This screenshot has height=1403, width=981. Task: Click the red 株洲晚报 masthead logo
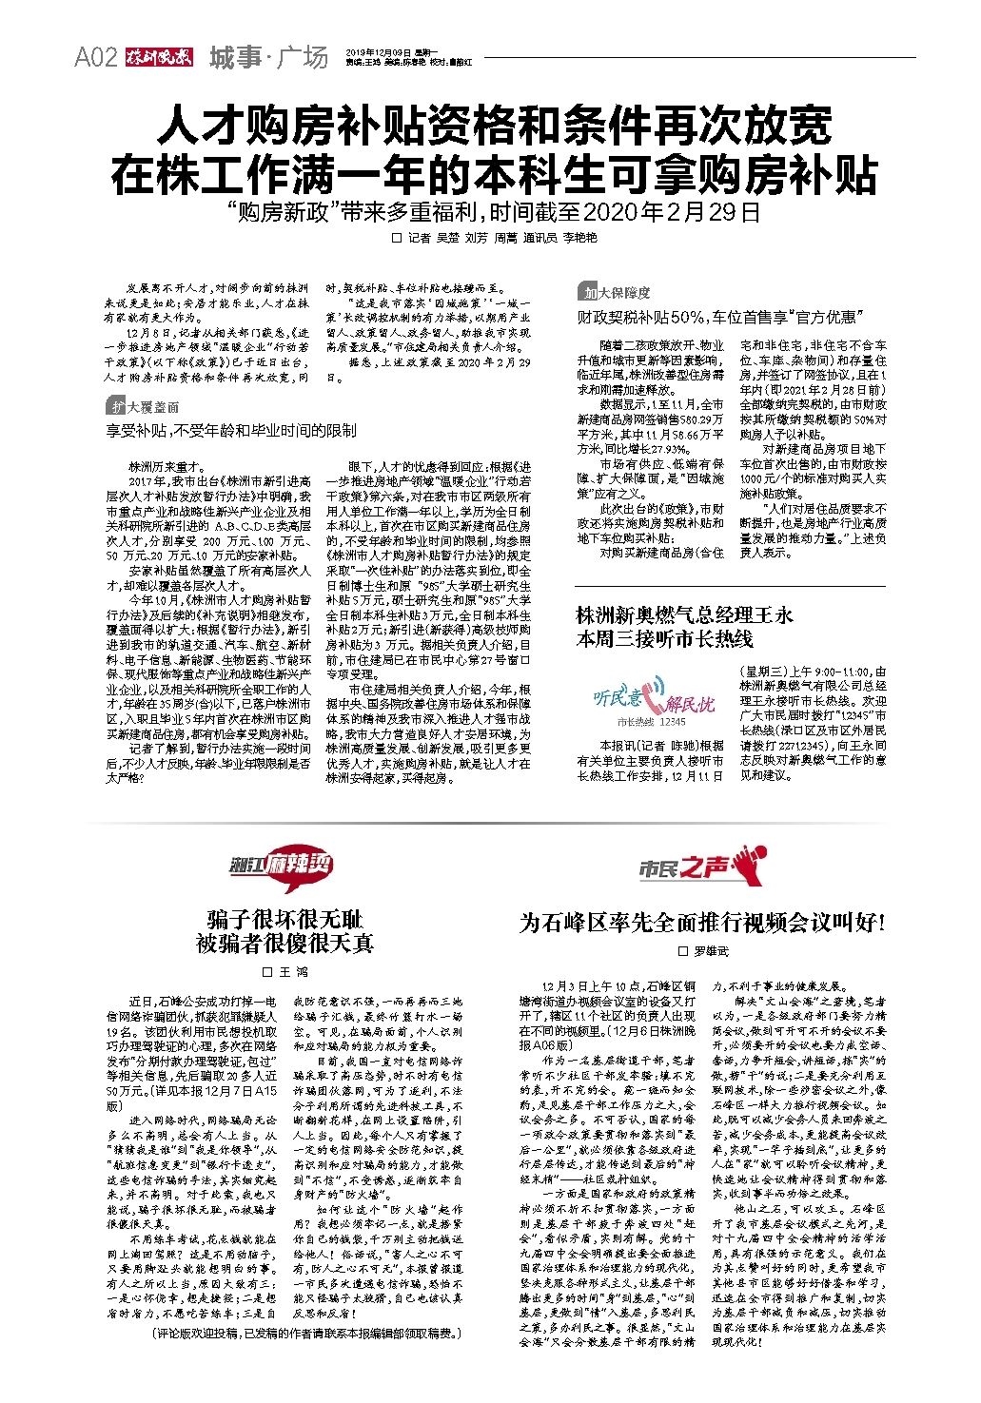click(x=157, y=58)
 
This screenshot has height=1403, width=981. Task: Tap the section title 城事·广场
click(x=267, y=58)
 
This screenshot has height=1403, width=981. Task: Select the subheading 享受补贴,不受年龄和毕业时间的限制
click(x=231, y=431)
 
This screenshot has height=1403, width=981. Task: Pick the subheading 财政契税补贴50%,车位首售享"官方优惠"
click(x=717, y=316)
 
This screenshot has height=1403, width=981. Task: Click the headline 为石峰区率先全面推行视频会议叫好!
click(x=703, y=922)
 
